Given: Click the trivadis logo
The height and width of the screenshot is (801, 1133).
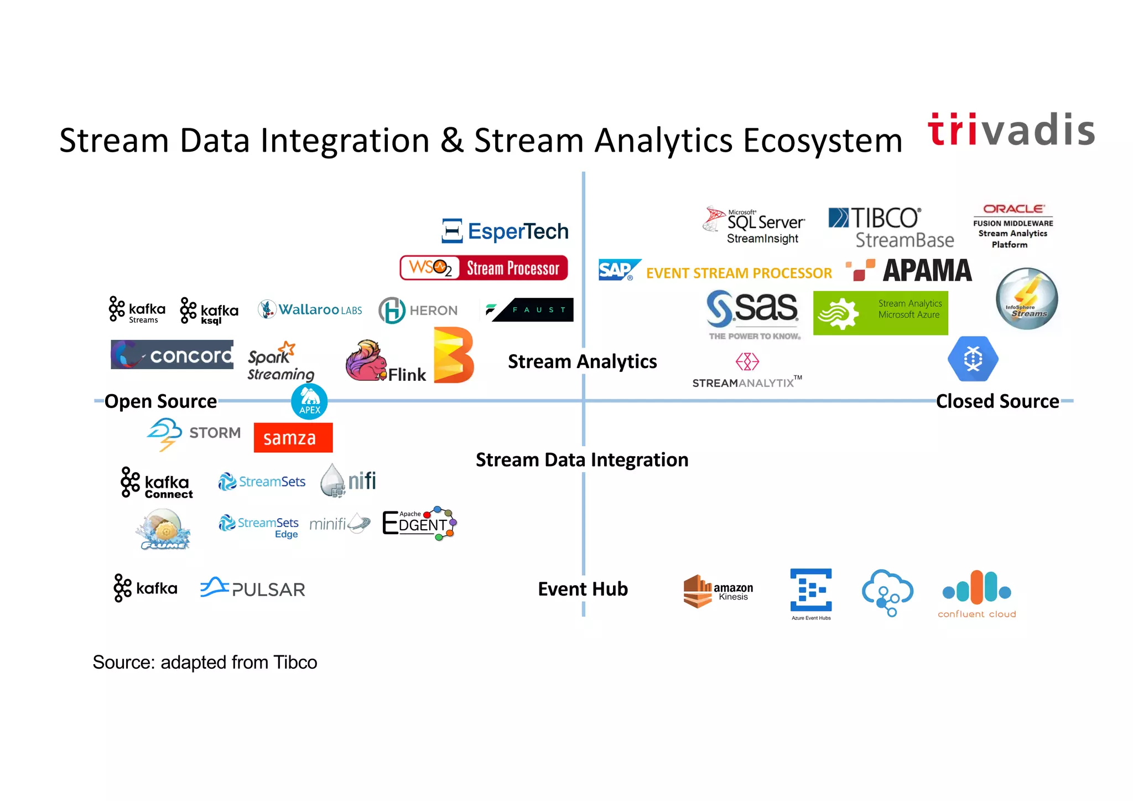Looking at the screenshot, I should [x=1011, y=131].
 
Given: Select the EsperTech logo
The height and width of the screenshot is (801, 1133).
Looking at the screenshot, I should [x=506, y=231].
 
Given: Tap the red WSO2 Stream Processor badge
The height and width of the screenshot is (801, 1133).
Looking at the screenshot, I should [x=484, y=268].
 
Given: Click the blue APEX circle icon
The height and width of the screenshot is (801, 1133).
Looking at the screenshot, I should [x=309, y=401].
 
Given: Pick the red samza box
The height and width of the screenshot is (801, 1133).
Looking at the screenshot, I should [x=293, y=438].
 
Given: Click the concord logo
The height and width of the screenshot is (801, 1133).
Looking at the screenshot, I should [x=172, y=355].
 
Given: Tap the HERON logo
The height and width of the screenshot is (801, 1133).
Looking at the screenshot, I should [x=418, y=310].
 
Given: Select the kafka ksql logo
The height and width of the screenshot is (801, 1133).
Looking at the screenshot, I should [x=209, y=311].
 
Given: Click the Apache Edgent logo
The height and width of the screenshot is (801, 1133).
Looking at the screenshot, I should [x=419, y=523].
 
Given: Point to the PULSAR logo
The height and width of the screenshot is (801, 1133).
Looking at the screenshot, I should [x=253, y=588].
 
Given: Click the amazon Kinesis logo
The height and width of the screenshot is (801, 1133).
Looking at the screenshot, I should [x=718, y=591].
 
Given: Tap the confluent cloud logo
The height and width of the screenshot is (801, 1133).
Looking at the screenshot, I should [x=977, y=595].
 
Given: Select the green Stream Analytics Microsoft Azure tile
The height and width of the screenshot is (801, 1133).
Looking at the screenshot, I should [x=880, y=313].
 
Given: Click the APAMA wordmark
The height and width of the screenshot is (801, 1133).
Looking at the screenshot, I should [x=927, y=271].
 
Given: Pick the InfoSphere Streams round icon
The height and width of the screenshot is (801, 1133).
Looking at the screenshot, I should [x=1027, y=299].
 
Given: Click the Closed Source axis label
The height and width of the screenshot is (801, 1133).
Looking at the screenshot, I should [x=997, y=401].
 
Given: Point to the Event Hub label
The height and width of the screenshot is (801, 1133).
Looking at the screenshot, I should [x=583, y=589].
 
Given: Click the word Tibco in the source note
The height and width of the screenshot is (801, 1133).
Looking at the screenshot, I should [x=295, y=663].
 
